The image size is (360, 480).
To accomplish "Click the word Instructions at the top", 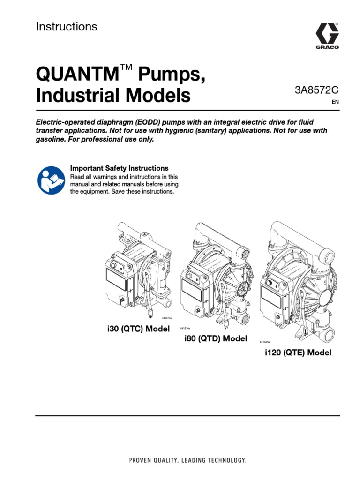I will [67, 27].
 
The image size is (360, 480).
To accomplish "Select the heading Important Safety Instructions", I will [119, 168].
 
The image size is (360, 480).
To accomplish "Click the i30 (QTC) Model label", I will [138, 329].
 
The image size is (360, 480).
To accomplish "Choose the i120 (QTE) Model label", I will [298, 353].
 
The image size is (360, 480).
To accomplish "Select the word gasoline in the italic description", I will [53, 140].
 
